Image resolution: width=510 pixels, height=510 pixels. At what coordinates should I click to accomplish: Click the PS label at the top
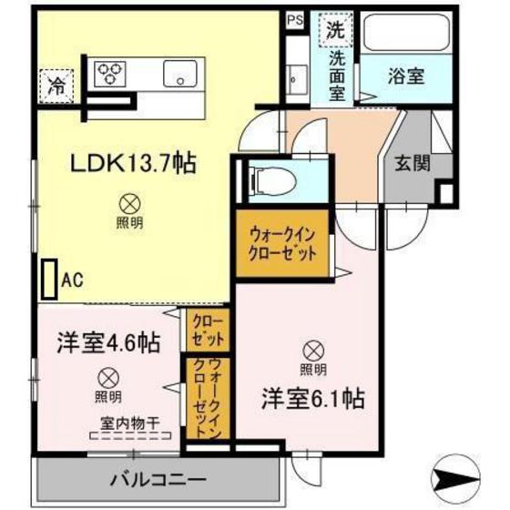296,18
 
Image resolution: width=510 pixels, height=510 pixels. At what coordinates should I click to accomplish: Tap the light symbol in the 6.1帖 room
312,350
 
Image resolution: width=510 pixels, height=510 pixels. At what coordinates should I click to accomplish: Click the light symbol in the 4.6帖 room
107,376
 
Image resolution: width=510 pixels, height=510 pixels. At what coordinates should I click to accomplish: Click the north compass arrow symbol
464,474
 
